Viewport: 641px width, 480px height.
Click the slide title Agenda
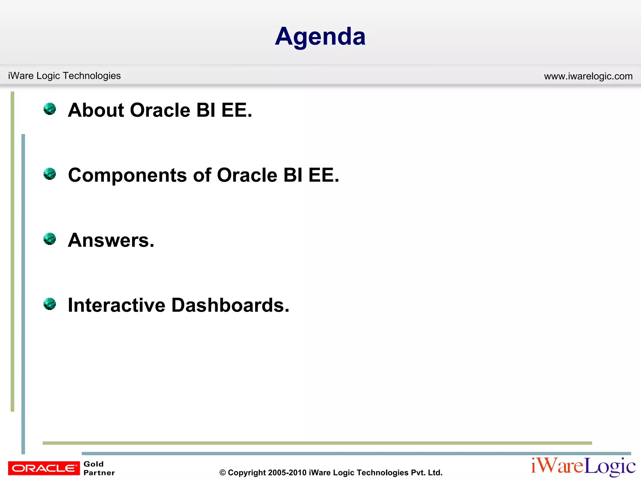click(x=320, y=37)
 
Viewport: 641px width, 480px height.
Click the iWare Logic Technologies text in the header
click(x=64, y=76)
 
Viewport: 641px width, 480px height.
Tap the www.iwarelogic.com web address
click(x=588, y=76)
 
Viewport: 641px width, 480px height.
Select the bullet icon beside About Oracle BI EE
click(x=49, y=109)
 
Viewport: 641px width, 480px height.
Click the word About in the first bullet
click(x=96, y=110)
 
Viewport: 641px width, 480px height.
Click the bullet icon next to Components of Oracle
click(x=49, y=174)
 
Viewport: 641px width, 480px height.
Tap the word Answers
click(x=111, y=240)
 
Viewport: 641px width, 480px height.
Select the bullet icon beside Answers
click(x=49, y=239)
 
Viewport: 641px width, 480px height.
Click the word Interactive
click(x=116, y=305)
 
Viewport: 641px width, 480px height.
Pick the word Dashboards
click(x=230, y=305)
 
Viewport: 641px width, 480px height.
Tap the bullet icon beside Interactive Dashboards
click(x=49, y=304)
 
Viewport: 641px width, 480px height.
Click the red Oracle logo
click(x=44, y=468)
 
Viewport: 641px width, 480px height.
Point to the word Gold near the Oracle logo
click(x=93, y=464)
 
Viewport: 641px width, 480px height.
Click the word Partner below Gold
click(x=99, y=473)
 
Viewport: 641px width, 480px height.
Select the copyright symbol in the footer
click(x=223, y=473)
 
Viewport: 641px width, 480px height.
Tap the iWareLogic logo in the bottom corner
click(x=583, y=467)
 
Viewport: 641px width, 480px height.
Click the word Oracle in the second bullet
click(x=247, y=175)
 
